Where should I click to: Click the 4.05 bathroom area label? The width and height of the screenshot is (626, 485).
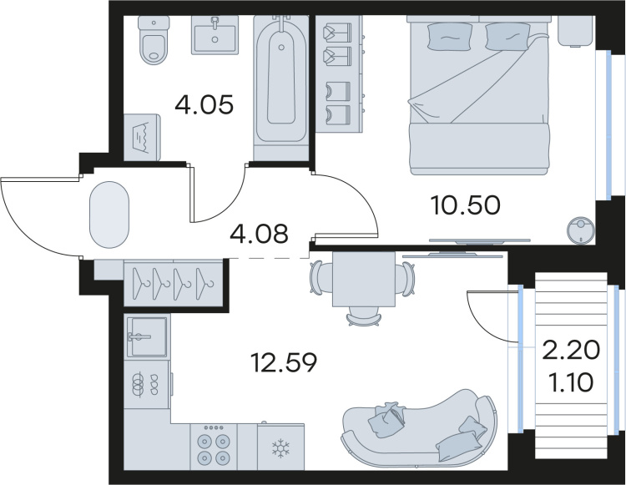click(x=204, y=105)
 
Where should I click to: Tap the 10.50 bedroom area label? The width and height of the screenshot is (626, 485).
click(x=466, y=205)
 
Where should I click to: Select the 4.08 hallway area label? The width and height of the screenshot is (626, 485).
click(x=259, y=234)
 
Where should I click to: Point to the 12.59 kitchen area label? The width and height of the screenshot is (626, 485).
click(x=284, y=363)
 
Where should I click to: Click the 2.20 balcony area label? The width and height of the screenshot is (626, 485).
click(x=571, y=350)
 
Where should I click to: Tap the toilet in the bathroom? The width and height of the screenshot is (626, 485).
click(x=153, y=40)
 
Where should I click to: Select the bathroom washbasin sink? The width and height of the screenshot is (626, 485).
click(x=215, y=35)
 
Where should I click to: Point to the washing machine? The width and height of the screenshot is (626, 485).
click(x=142, y=137)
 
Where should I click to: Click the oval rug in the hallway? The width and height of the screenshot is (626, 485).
click(x=109, y=215)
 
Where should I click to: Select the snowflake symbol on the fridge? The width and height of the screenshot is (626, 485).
click(x=280, y=448)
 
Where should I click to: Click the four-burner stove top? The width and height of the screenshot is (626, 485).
click(x=214, y=447)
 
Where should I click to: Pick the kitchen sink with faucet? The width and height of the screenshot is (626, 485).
click(x=147, y=336)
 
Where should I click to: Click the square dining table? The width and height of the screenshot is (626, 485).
click(x=364, y=279)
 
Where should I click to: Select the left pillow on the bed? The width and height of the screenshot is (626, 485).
click(x=442, y=36)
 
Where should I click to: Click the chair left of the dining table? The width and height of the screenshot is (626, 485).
click(x=321, y=278)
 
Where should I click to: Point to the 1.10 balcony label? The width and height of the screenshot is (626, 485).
click(x=571, y=383)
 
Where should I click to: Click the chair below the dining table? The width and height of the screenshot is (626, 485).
click(x=364, y=317)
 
